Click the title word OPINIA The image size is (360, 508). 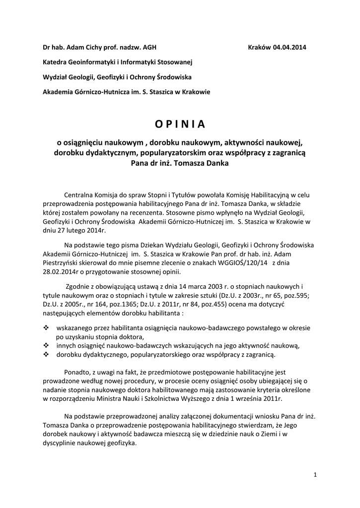click(x=180, y=124)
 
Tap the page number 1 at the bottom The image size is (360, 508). click(x=315, y=475)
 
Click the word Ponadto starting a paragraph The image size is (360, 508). click(x=77, y=372)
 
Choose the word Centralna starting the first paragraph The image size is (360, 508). click(x=79, y=195)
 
